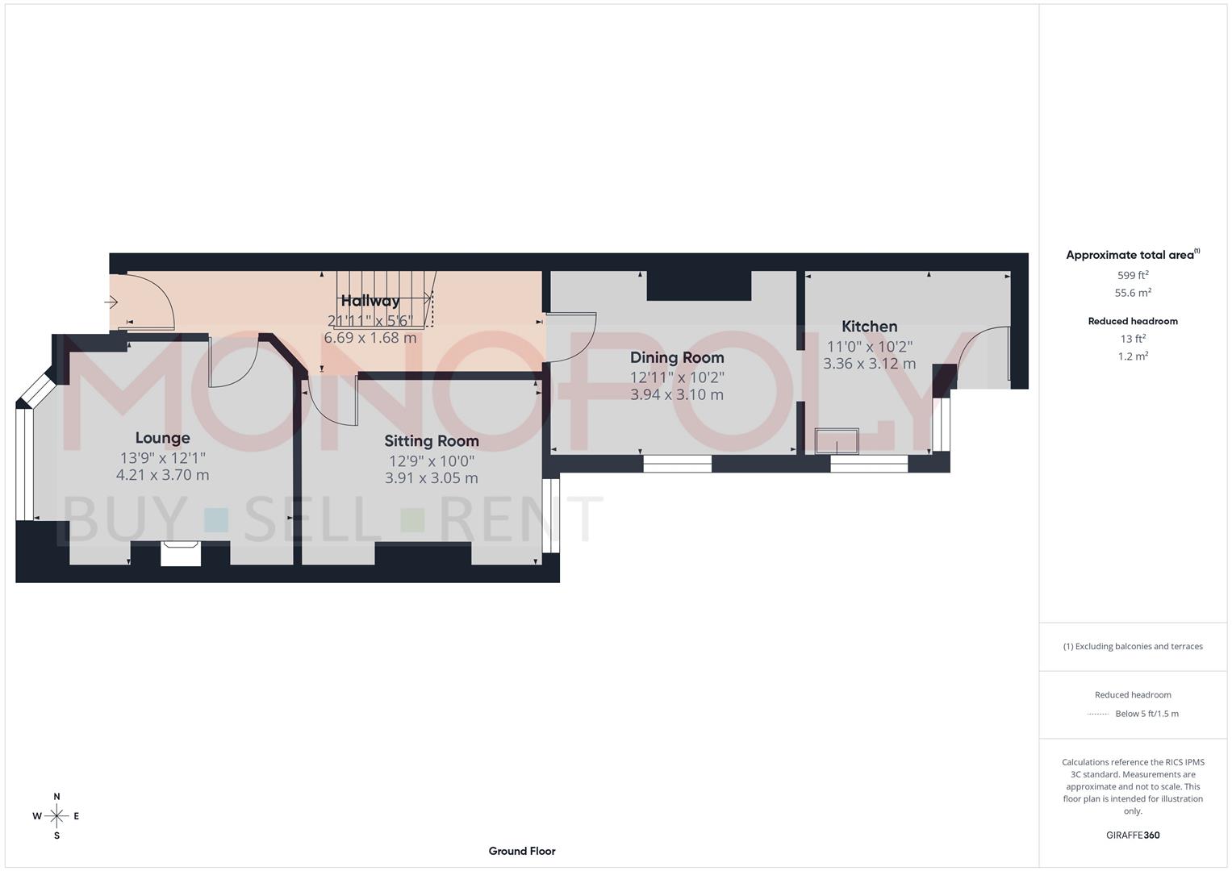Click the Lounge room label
pos(162,438)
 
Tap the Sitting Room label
pos(431,441)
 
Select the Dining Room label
pos(676,357)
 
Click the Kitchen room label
pos(869,327)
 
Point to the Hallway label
pos(370,301)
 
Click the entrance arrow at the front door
pos(111,302)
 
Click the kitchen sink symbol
pos(837,442)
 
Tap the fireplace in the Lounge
pos(181,554)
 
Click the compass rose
pos(56,816)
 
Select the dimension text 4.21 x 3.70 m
pos(162,475)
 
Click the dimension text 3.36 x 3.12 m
pos(869,364)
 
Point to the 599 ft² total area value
pos(1132,275)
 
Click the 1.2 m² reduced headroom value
pos(1132,356)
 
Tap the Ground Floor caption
pos(521,851)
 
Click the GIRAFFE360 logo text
pos(1132,836)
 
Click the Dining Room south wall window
pos(677,464)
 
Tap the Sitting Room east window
pos(550,516)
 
